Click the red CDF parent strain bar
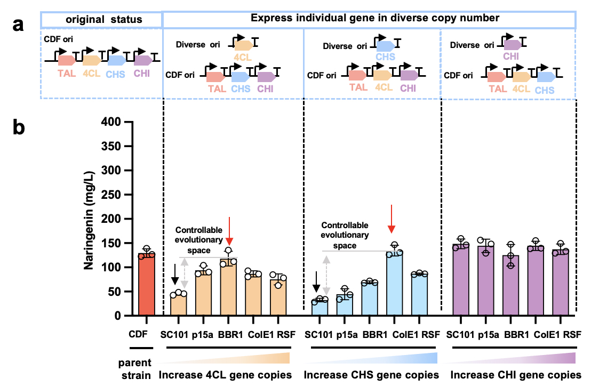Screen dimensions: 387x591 pos(146,285)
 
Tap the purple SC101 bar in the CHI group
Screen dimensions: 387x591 pos(461,280)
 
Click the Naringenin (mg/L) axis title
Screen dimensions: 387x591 pos(91,219)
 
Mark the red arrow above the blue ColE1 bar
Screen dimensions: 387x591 pos(392,219)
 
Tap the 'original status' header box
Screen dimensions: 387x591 pos(101,20)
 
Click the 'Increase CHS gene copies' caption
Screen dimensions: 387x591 pos(371,375)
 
